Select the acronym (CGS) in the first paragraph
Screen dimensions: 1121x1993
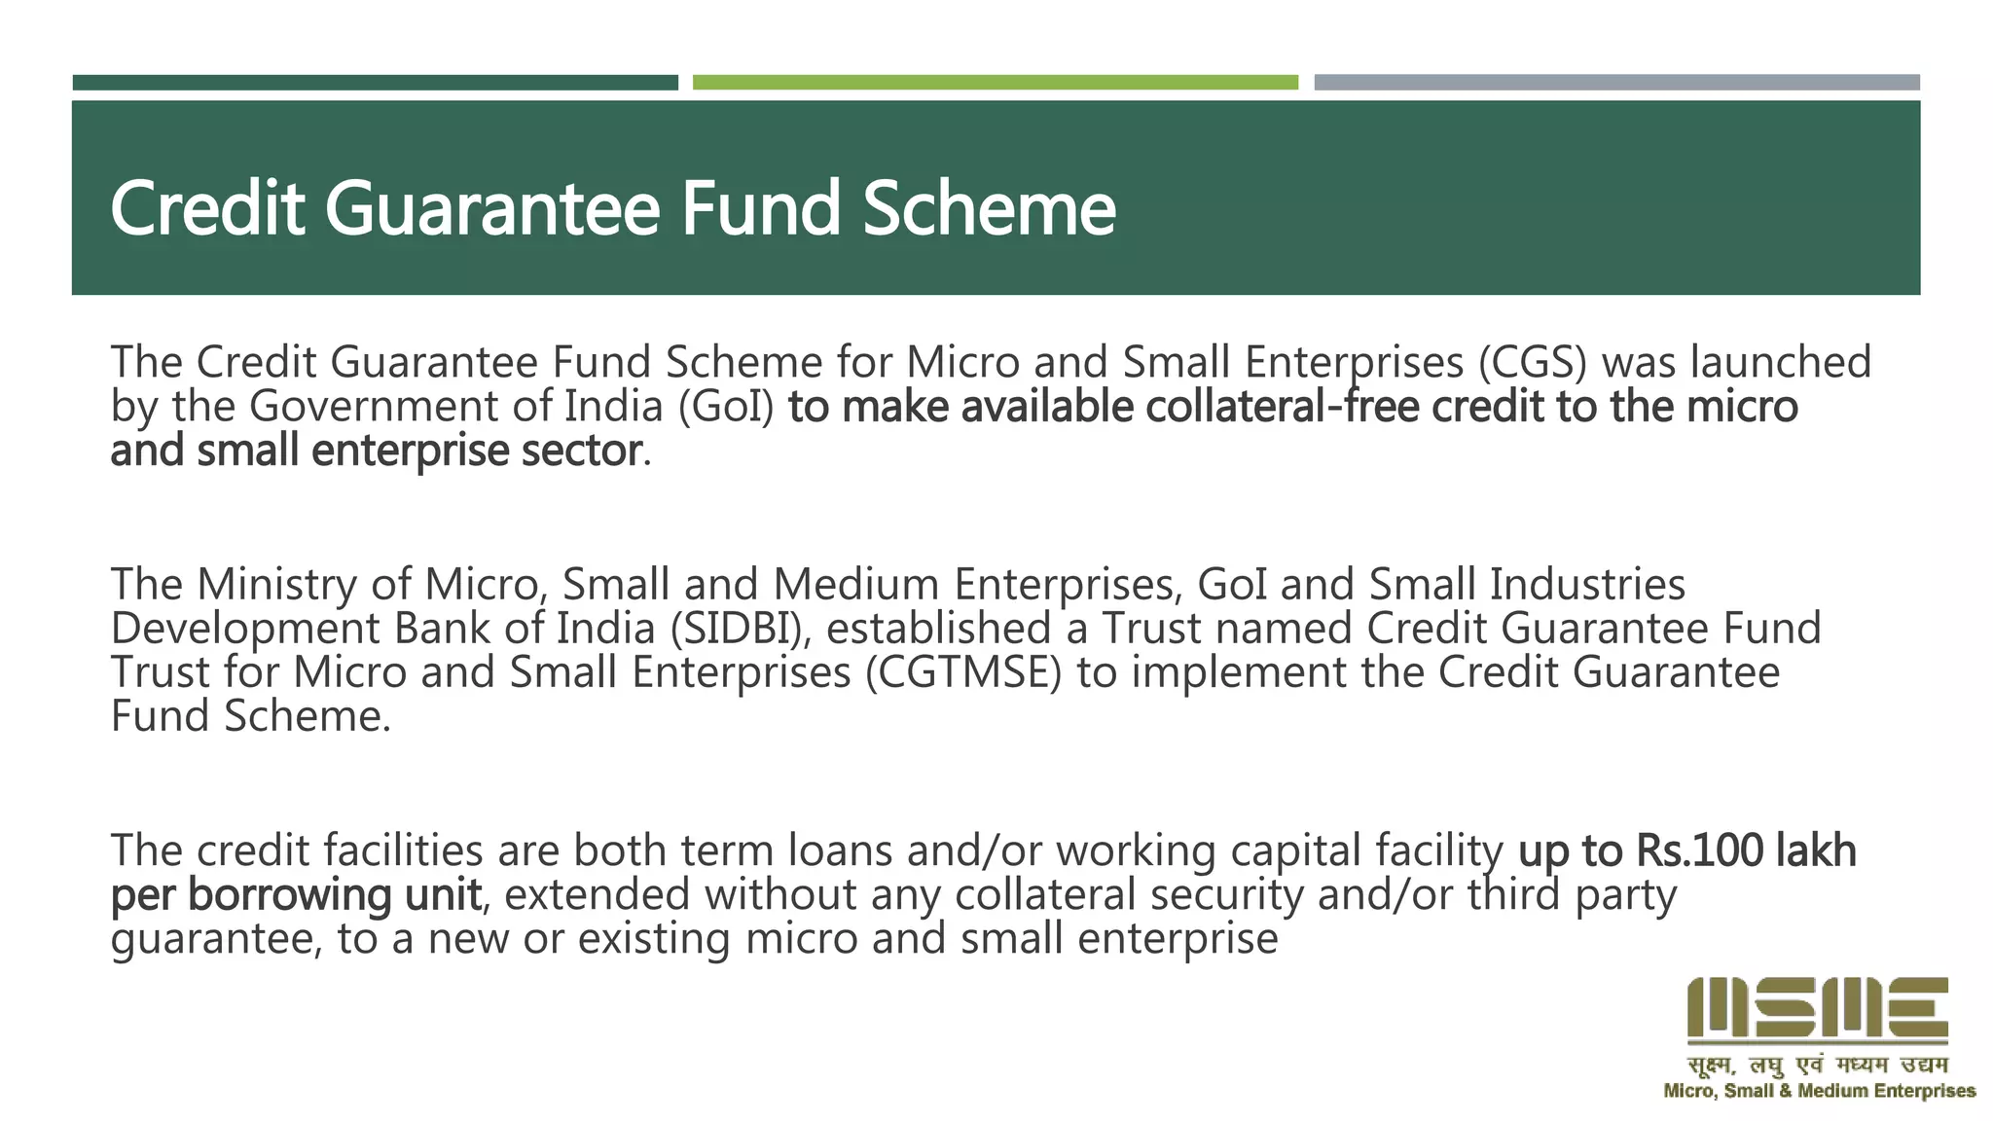(x=1532, y=363)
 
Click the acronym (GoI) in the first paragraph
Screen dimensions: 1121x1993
(x=725, y=407)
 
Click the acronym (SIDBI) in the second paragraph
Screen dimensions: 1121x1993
(x=740, y=629)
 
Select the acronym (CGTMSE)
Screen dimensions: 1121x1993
(x=962, y=673)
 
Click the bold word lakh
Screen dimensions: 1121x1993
(x=1816, y=851)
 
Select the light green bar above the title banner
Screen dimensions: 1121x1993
(x=995, y=83)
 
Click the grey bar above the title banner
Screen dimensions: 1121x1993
(x=1616, y=83)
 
